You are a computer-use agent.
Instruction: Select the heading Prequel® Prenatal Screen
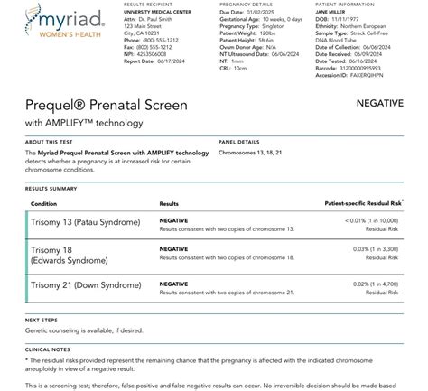click(107, 106)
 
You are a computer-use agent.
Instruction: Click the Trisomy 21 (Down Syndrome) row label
click(84, 287)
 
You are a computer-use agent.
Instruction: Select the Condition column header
click(44, 204)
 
